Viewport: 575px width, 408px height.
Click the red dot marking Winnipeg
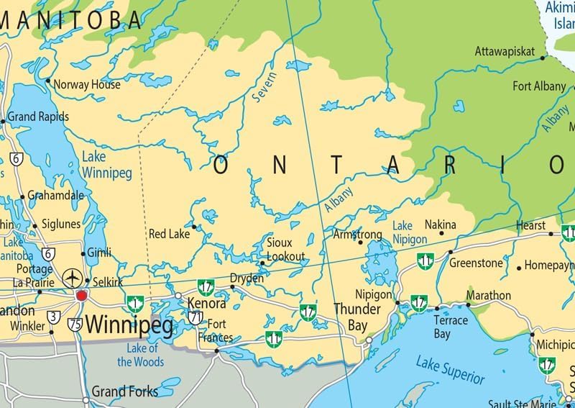point(81,295)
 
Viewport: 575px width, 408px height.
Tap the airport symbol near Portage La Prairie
point(72,277)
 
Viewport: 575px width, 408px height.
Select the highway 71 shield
point(195,317)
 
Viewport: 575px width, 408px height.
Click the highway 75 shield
point(75,325)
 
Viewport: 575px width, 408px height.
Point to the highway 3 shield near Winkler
point(54,316)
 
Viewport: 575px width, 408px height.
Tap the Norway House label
point(87,84)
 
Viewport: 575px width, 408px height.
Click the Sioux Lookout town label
point(286,250)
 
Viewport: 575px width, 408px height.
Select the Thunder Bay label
point(357,317)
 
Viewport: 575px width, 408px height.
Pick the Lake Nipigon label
point(410,232)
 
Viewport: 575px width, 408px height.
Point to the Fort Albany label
point(539,86)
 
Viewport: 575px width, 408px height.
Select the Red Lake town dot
point(194,227)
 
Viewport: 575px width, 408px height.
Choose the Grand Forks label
point(124,392)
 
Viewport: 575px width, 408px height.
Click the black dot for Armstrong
point(360,242)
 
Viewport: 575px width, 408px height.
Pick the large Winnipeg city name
point(129,327)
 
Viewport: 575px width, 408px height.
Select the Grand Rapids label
point(38,117)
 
